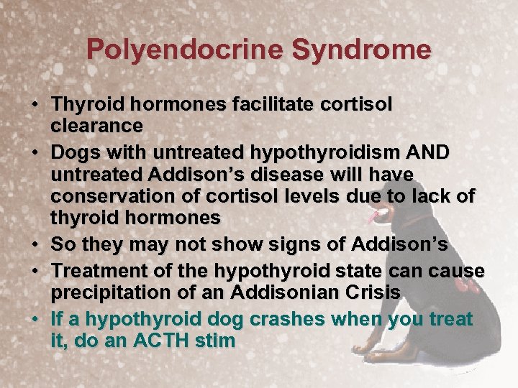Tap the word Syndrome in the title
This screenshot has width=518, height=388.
click(362, 50)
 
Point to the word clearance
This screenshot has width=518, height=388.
click(97, 126)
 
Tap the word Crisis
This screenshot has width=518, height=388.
click(373, 292)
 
